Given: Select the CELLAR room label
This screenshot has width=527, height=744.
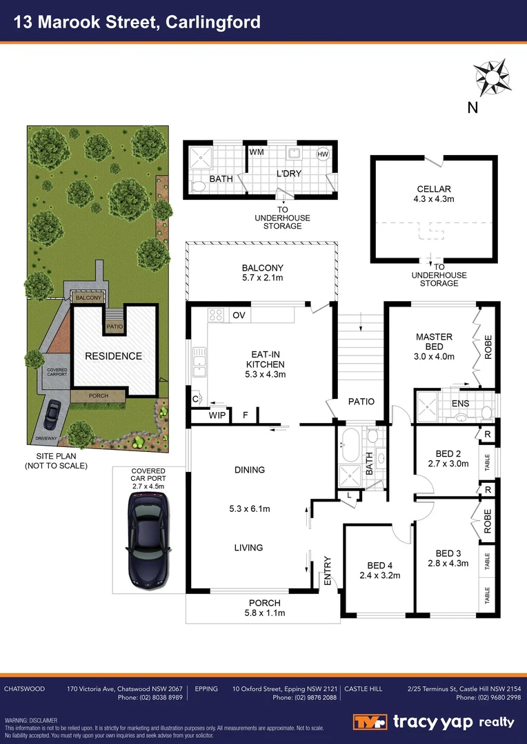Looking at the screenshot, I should tap(434, 189).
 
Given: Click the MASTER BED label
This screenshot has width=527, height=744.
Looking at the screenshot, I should tap(434, 342).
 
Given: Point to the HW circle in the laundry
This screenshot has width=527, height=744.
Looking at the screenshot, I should tap(322, 154).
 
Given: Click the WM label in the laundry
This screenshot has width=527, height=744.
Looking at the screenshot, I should tap(256, 152).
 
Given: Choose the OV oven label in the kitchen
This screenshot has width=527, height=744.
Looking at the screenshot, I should tap(239, 316).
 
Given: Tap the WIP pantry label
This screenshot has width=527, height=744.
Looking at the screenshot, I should tap(217, 415).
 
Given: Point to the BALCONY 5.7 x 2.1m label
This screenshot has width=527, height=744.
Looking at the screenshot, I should tap(262, 273).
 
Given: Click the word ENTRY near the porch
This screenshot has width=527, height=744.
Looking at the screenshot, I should tap(328, 572).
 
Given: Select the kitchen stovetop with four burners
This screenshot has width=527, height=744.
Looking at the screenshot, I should tap(216, 315).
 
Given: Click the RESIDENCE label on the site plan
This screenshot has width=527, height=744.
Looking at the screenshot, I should tap(113, 356).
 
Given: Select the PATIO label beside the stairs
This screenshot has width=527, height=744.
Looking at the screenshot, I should tap(361, 402).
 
